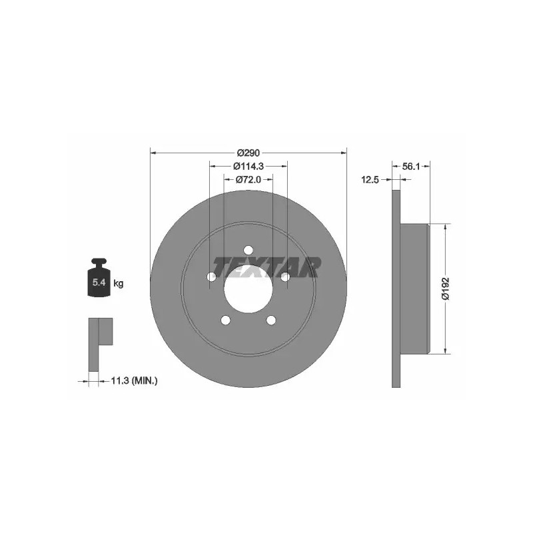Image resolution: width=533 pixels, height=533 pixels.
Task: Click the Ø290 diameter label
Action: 248,153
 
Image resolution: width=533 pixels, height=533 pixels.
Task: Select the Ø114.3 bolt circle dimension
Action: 249,166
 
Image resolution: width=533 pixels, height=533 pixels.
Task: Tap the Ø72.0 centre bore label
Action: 248,179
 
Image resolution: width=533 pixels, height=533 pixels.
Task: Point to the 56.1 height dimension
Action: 411,167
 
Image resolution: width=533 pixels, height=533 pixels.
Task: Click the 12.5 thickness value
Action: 370,180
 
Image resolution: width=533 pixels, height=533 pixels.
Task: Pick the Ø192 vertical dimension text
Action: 445,288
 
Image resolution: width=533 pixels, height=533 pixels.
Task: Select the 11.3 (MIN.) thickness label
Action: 135,380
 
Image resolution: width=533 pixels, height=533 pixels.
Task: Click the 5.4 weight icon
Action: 99,278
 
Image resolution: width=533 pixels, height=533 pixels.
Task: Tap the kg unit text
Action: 119,282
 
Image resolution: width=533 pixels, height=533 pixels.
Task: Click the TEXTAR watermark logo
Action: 266,267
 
